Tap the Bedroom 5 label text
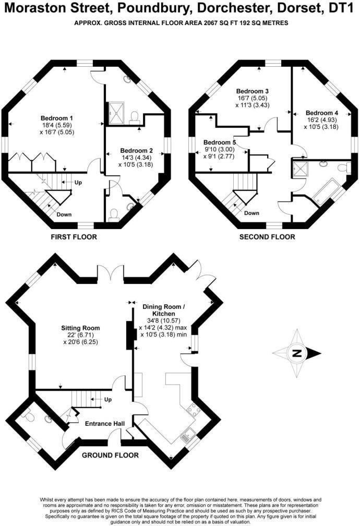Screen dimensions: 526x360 pos(220,142)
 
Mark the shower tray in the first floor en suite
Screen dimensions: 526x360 pos(114,111)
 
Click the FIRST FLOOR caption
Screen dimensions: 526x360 pos(74,237)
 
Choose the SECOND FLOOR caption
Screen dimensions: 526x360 pos(267,237)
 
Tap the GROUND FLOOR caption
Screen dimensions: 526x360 pos(111,455)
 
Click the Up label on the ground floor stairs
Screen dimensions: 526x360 pos(108,399)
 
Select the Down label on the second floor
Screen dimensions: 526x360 pos(251,213)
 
